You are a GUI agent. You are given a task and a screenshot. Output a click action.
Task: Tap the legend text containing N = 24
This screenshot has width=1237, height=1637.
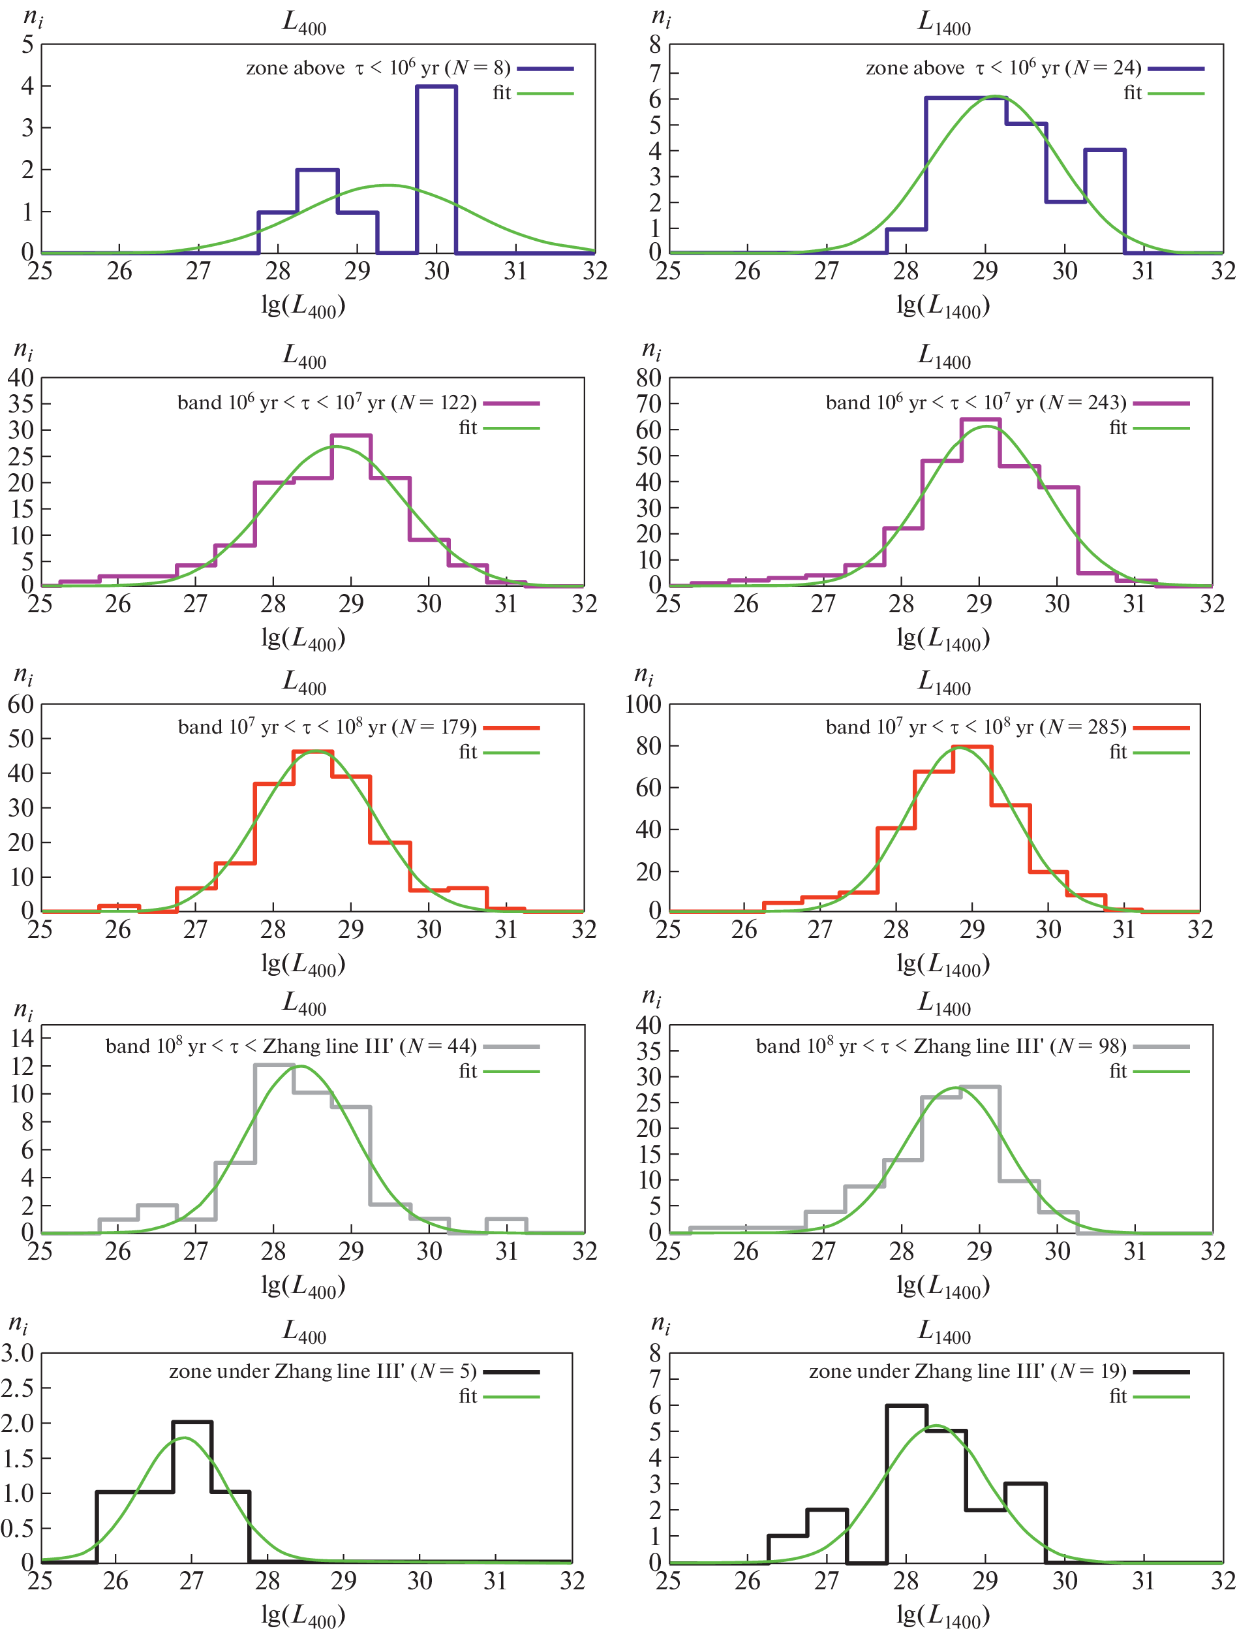[x=1003, y=68]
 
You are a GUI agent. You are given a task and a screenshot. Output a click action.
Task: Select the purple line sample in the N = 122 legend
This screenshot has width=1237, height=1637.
[x=512, y=403]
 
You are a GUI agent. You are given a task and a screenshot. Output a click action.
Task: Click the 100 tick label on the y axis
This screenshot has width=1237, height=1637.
[x=643, y=704]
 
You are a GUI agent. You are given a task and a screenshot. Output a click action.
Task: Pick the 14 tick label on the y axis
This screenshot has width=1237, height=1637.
[x=22, y=1038]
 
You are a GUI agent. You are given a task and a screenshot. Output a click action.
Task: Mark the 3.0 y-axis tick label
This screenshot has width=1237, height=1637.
[x=18, y=1354]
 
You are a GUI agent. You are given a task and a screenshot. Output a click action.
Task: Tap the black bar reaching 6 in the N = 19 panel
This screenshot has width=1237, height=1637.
[x=906, y=1484]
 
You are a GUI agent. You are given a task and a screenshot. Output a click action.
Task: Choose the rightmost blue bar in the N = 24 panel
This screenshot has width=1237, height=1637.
[x=1105, y=200]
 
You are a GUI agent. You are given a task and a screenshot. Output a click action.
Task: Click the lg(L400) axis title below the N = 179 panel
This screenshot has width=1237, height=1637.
[x=303, y=964]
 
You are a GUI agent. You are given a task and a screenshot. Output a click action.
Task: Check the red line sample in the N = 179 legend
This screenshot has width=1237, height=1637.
[x=512, y=728]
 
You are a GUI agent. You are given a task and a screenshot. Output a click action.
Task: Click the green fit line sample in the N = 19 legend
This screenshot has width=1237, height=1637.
[x=1161, y=1397]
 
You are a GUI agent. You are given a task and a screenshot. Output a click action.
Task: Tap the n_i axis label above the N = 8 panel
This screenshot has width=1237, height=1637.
[x=33, y=17]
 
